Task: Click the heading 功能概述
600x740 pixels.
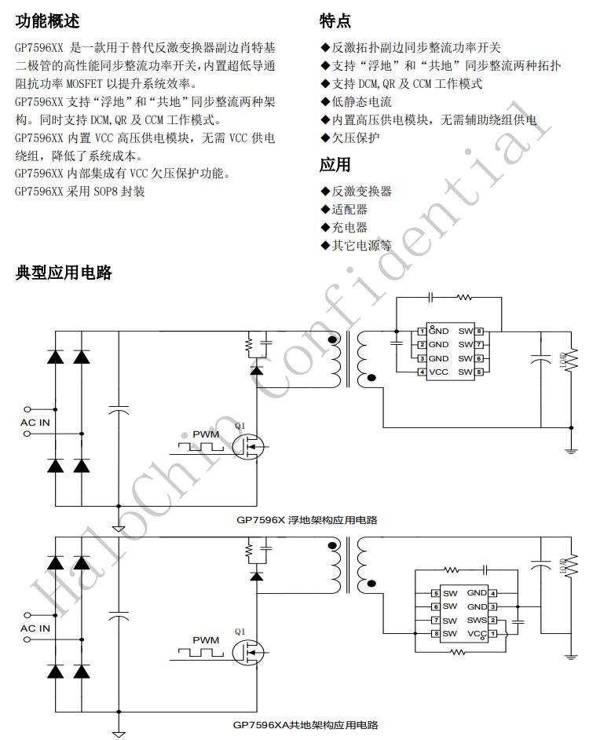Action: click(47, 21)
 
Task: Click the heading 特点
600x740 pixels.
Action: click(335, 21)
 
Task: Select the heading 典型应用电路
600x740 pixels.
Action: click(64, 273)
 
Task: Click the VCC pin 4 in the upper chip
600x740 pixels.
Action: click(437, 372)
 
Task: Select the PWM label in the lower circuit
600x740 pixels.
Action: click(206, 640)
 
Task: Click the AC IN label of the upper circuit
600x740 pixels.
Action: click(35, 423)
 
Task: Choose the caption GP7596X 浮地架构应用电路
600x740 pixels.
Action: click(307, 520)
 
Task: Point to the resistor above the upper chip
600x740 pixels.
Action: click(464, 298)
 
